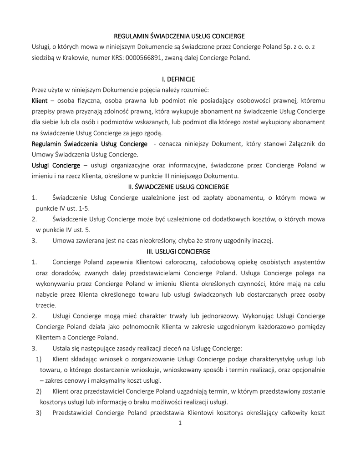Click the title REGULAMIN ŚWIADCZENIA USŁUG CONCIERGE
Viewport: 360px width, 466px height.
click(179, 36)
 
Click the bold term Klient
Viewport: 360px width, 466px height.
click(39, 100)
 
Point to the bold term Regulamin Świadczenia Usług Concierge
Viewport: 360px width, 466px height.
click(89, 144)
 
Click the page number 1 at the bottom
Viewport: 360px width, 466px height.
click(180, 423)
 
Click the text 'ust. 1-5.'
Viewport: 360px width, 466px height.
click(77, 208)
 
